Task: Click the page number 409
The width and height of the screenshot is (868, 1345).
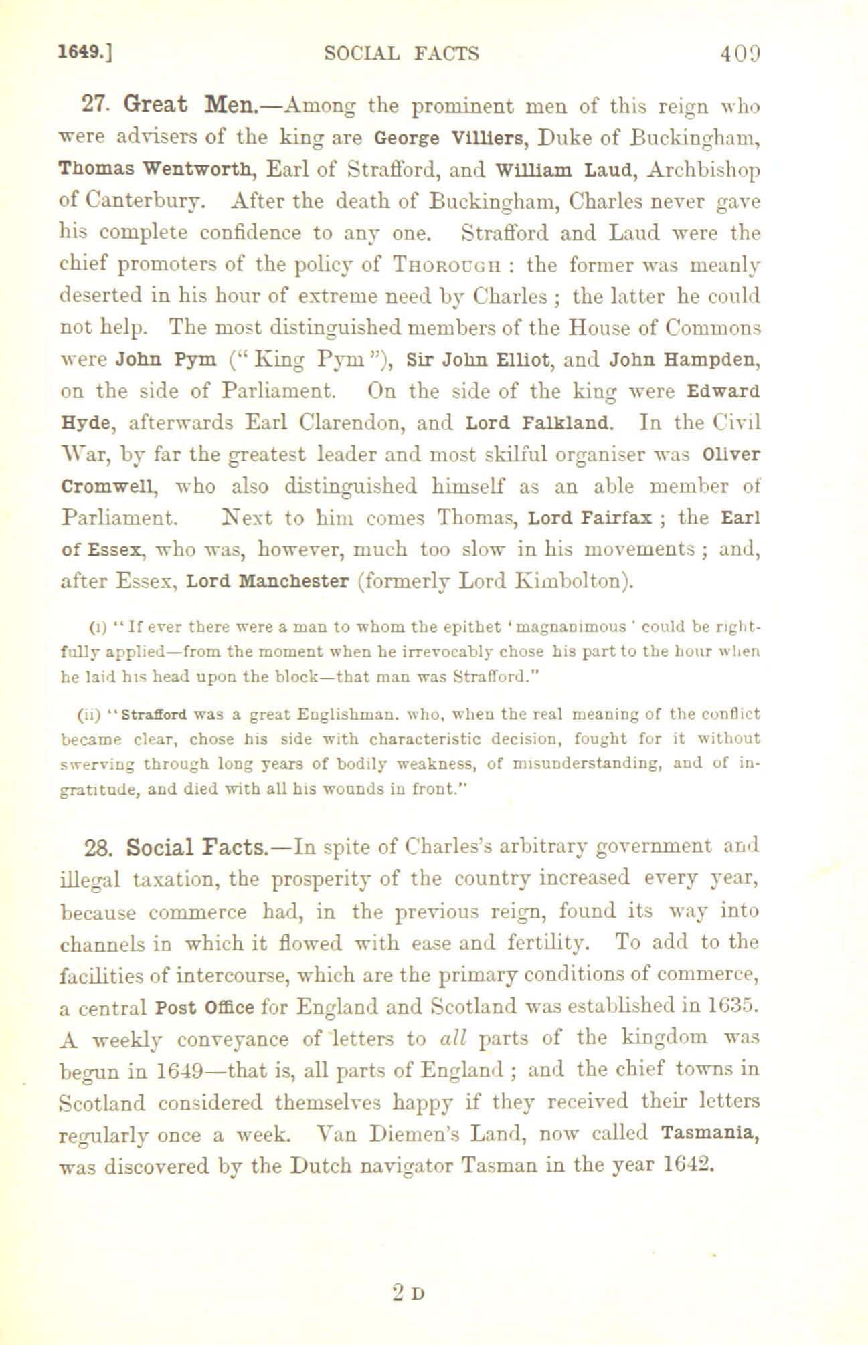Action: (x=741, y=53)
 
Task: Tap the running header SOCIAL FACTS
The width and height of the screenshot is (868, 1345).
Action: (x=402, y=53)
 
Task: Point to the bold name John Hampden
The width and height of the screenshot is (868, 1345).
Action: (x=685, y=360)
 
